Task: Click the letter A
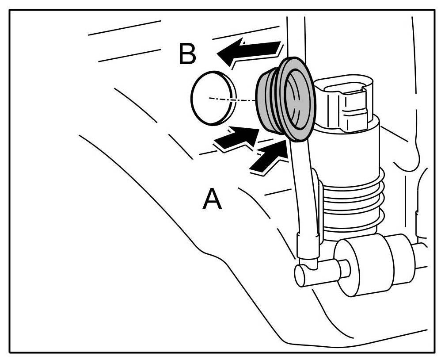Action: tap(212, 199)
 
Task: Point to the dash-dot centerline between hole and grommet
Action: tap(234, 99)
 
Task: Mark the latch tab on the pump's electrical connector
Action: tap(354, 108)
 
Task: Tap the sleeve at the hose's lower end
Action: tap(308, 248)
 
